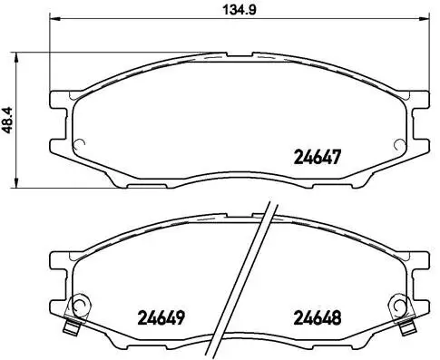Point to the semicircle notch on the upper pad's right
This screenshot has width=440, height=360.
point(396,143)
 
